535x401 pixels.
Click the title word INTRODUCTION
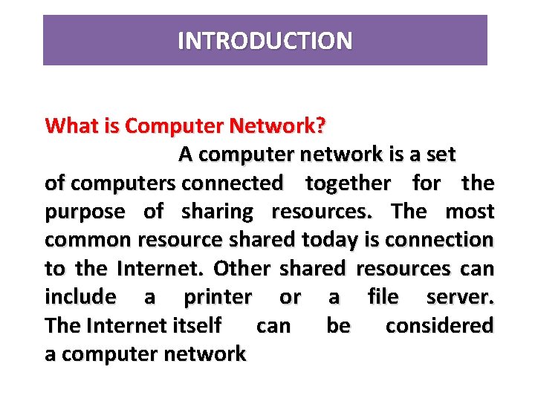[x=265, y=40]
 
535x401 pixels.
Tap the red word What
[x=68, y=125]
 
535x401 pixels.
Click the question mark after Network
[x=320, y=125]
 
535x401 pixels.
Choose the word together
[x=348, y=183]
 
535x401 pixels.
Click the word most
[x=470, y=212]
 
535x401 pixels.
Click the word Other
[x=244, y=268]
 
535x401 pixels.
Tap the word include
[x=80, y=297]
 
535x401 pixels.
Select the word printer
[x=218, y=297]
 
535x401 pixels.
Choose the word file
[x=383, y=297]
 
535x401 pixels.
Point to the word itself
[x=196, y=325]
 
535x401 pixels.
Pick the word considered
[x=439, y=325]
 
